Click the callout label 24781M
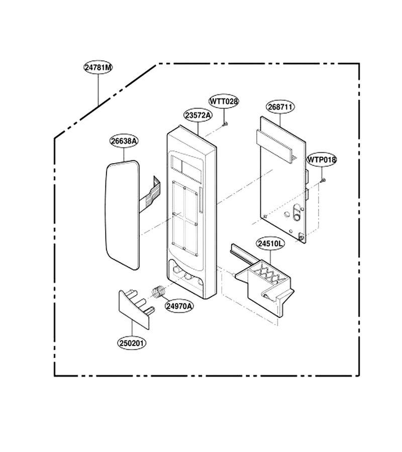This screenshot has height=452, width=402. pyautogui.click(x=98, y=67)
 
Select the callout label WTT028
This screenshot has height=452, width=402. pyautogui.click(x=224, y=101)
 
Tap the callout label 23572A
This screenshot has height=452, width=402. pyautogui.click(x=198, y=116)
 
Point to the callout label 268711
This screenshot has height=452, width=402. pyautogui.click(x=280, y=107)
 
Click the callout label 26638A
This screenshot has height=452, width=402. pyautogui.click(x=124, y=141)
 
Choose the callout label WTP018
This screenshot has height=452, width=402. pyautogui.click(x=322, y=160)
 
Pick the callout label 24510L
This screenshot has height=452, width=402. pyautogui.click(x=270, y=244)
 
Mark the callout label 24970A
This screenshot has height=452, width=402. pyautogui.click(x=179, y=306)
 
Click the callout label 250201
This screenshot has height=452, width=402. pyautogui.click(x=132, y=344)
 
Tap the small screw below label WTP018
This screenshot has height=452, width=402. pyautogui.click(x=323, y=180)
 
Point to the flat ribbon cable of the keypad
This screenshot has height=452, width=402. pyautogui.click(x=150, y=193)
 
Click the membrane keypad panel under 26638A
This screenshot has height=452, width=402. pyautogui.click(x=122, y=215)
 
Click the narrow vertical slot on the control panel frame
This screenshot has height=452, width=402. pyautogui.click(x=201, y=200)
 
